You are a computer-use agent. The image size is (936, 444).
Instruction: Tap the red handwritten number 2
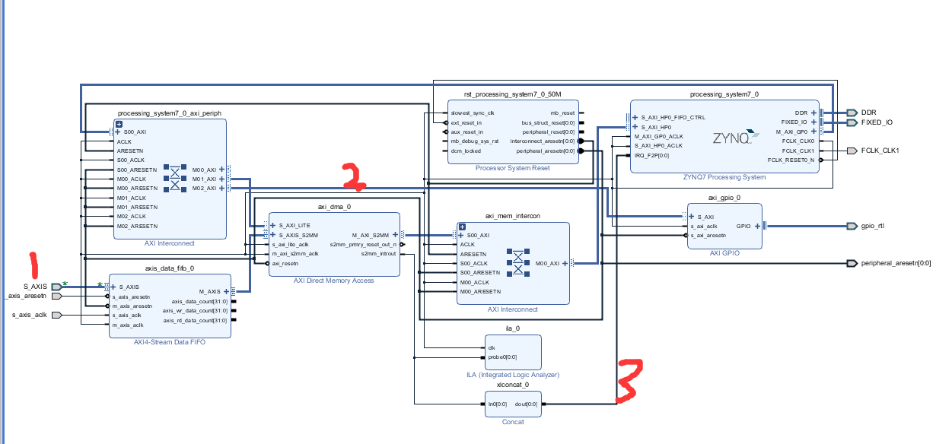click(x=355, y=176)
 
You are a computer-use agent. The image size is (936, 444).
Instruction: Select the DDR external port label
click(x=868, y=113)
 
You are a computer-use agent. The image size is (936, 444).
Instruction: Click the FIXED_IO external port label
click(x=877, y=122)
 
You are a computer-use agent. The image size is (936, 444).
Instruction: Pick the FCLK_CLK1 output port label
click(x=880, y=151)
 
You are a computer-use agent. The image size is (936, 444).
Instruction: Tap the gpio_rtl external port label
click(x=872, y=226)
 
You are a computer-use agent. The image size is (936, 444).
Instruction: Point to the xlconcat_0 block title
click(x=512, y=385)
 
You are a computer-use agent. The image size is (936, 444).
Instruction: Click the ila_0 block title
click(x=512, y=328)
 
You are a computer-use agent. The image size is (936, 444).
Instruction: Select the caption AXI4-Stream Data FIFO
click(x=170, y=342)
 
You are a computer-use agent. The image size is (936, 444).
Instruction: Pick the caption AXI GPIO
click(x=724, y=252)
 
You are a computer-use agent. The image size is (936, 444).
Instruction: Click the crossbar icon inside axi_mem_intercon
click(x=518, y=263)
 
